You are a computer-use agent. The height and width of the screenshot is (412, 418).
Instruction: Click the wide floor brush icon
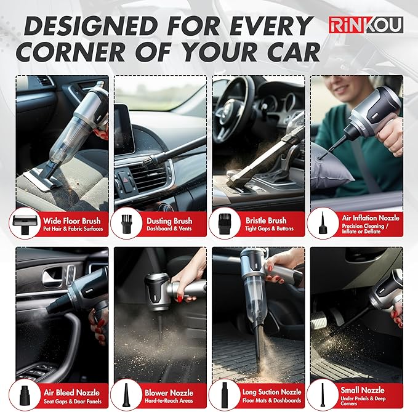pos(26,224)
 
